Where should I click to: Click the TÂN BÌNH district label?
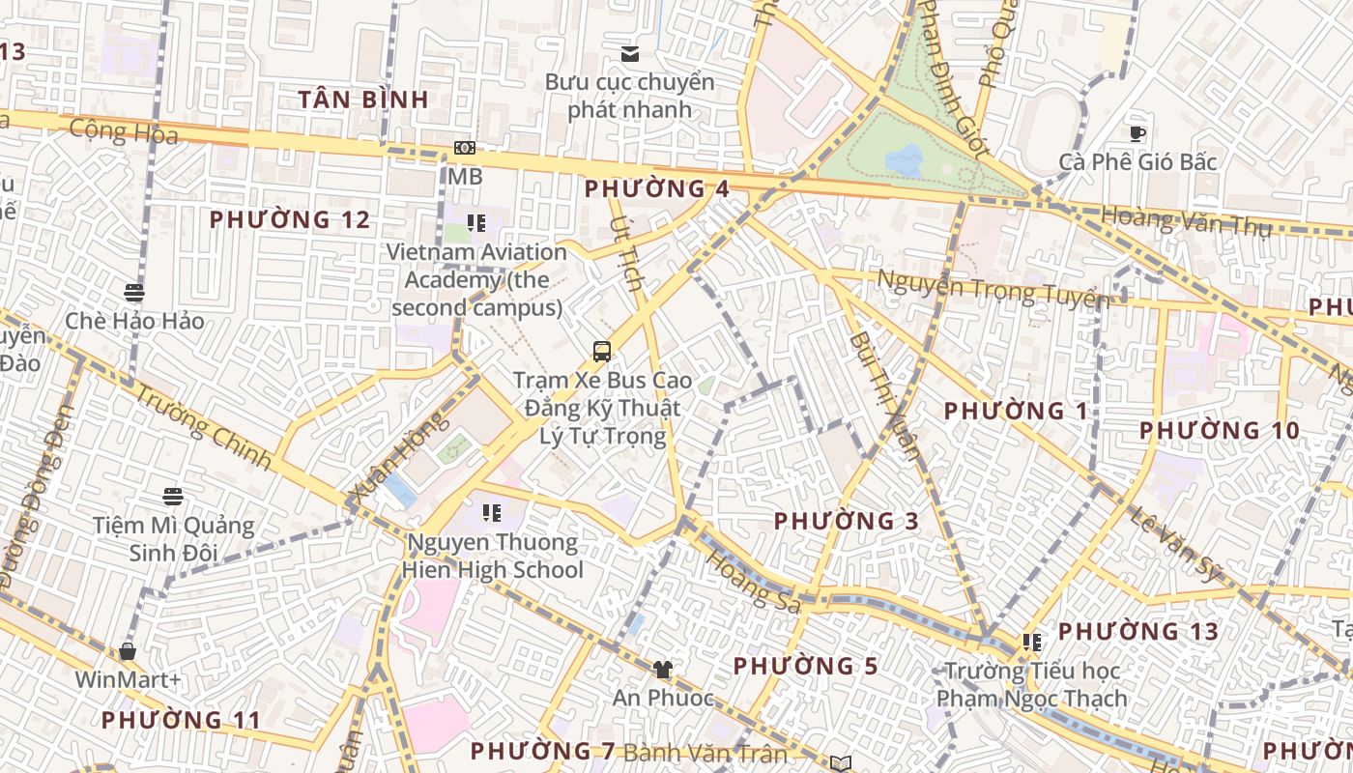click(363, 100)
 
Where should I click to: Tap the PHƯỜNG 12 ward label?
click(290, 220)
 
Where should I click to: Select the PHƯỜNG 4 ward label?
click(656, 188)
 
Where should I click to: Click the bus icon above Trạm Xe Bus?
click(602, 351)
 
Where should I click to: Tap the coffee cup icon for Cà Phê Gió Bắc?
click(1137, 133)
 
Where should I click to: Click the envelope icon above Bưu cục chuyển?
click(630, 53)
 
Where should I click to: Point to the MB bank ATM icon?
click(465, 148)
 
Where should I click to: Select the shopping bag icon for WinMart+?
click(127, 651)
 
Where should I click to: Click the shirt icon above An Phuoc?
click(662, 669)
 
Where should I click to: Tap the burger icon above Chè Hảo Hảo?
click(134, 292)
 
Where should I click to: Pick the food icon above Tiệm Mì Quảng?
click(173, 497)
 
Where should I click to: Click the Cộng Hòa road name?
click(125, 131)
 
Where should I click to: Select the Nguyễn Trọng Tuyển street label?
click(992, 288)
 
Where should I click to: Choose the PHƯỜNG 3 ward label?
click(847, 522)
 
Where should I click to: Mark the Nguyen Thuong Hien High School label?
click(494, 556)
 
